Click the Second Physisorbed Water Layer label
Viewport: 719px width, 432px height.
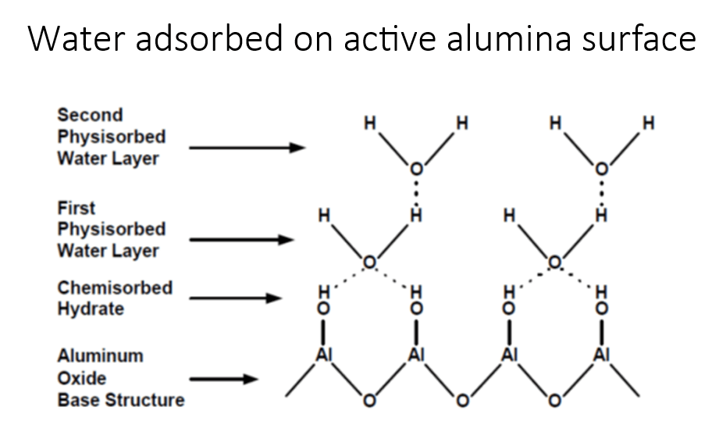tap(111, 137)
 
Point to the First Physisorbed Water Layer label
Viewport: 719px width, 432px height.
tap(111, 230)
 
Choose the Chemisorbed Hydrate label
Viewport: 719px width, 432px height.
tap(114, 298)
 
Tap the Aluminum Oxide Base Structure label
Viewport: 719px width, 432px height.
tap(120, 378)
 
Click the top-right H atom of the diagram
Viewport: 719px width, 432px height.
tap(647, 123)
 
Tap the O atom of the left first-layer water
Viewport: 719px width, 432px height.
tap(370, 261)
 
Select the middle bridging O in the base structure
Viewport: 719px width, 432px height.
tap(462, 403)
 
